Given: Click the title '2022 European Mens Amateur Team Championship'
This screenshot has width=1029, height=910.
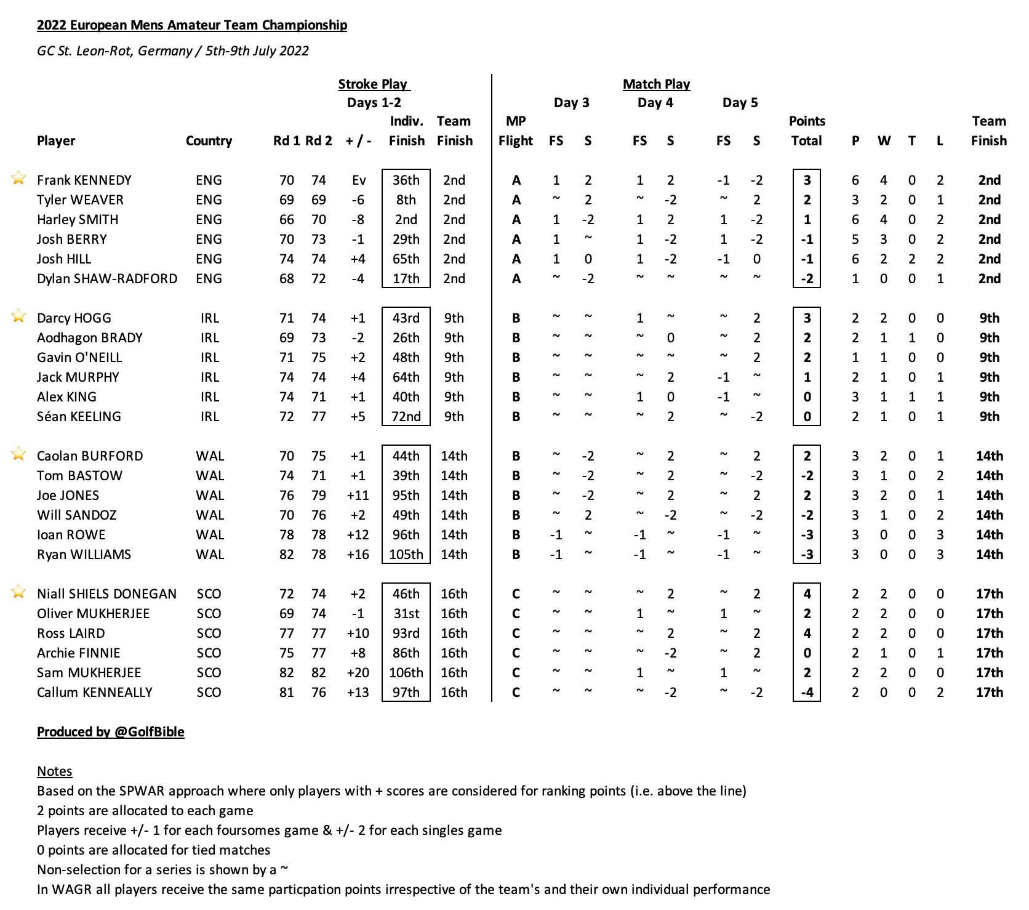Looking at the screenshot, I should click(x=192, y=25).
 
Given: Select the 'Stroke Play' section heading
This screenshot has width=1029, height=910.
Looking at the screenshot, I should click(x=374, y=84).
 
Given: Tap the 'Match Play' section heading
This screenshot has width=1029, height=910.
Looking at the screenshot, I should click(x=656, y=84).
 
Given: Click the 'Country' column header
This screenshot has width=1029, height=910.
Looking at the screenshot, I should click(x=209, y=141).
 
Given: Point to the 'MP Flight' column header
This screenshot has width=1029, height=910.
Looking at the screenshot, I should click(x=516, y=131).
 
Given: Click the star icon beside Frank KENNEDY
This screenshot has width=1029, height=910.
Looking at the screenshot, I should click(x=19, y=179).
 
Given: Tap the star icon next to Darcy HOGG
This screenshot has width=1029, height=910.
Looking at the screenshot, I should click(x=19, y=316).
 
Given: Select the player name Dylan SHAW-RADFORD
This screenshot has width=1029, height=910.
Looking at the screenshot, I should click(x=107, y=279).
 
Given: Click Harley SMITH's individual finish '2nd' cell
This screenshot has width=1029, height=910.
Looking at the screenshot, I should click(x=406, y=220).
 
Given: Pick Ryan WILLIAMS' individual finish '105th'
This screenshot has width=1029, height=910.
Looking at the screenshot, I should click(x=406, y=555).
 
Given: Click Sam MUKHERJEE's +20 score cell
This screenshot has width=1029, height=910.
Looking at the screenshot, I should click(x=358, y=673).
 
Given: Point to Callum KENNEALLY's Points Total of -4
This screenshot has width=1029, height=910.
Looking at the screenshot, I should click(x=807, y=693).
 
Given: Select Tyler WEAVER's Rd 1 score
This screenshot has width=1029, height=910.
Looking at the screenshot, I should click(x=287, y=200).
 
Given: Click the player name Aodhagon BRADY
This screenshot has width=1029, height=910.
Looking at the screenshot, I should click(x=90, y=338).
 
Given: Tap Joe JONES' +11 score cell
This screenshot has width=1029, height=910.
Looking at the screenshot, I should click(x=358, y=496).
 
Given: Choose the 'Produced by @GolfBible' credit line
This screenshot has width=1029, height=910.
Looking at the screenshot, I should click(x=111, y=732).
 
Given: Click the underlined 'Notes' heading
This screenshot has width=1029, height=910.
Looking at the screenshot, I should click(x=55, y=771).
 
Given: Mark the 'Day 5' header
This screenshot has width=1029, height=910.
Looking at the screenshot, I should click(x=740, y=103).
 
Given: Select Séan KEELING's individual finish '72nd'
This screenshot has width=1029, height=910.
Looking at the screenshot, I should click(x=406, y=417).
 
